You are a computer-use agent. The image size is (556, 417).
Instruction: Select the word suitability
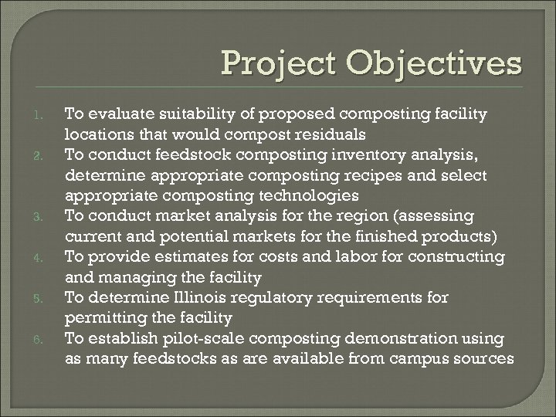192,114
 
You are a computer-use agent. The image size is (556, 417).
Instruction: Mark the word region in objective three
354,215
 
